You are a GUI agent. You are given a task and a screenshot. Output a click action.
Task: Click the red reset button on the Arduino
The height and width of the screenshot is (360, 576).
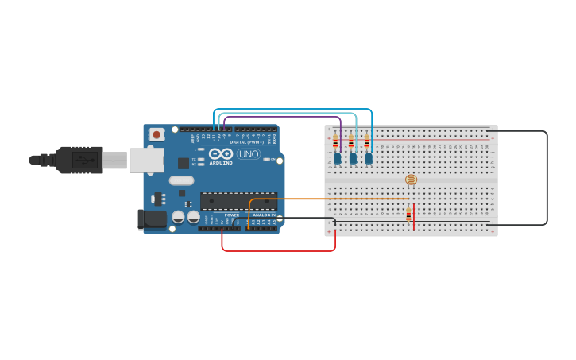[x=157, y=134]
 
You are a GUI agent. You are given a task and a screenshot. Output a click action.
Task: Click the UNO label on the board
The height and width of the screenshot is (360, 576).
[x=249, y=154]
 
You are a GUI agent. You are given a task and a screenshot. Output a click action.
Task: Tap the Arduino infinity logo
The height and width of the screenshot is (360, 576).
[x=221, y=153]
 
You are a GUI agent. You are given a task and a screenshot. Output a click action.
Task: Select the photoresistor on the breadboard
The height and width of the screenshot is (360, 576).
[x=411, y=180]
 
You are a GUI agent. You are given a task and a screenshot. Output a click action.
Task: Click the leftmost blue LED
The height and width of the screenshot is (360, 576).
[x=338, y=158]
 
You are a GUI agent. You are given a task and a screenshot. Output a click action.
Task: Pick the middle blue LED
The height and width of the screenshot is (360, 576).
[x=353, y=158]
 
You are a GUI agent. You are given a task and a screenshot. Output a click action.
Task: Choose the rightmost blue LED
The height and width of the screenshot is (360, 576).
[x=369, y=158]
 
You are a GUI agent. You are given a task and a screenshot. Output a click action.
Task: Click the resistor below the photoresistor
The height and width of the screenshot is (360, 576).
[x=408, y=215]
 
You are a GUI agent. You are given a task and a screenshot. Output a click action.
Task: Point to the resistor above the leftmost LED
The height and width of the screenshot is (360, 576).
[x=335, y=142]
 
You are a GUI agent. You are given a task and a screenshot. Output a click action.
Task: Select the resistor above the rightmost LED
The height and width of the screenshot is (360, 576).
[x=366, y=142]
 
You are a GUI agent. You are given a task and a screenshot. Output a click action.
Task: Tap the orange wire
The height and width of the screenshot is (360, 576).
[x=334, y=199]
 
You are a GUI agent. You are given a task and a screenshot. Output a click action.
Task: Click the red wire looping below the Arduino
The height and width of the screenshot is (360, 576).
[x=278, y=251]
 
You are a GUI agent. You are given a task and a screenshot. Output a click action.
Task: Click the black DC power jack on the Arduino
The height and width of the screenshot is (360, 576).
[x=151, y=219]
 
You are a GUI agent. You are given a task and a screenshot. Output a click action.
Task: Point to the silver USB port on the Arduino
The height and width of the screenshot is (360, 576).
[x=146, y=160]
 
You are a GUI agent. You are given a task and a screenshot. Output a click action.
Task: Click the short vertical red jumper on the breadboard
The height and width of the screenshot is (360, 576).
[x=414, y=216]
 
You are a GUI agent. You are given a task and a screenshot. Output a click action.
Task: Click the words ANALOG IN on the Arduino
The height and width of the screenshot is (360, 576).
[x=264, y=215]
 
